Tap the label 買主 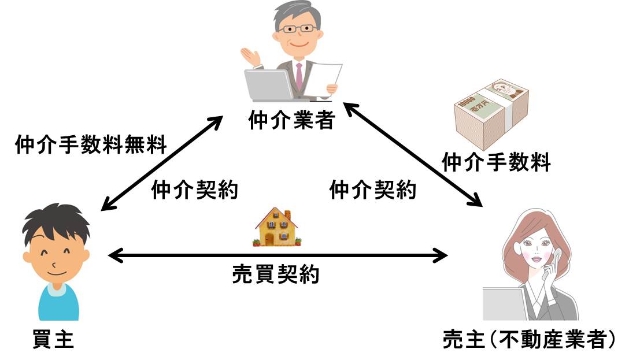point(52,339)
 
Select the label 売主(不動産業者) point(527,339)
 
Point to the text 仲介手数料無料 point(91,143)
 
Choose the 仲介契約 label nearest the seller point(372,190)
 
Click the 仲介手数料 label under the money point(496,162)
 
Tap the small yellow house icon point(276,226)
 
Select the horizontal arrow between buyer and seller point(278,254)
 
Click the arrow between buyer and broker point(161,161)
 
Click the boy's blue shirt point(58,303)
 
